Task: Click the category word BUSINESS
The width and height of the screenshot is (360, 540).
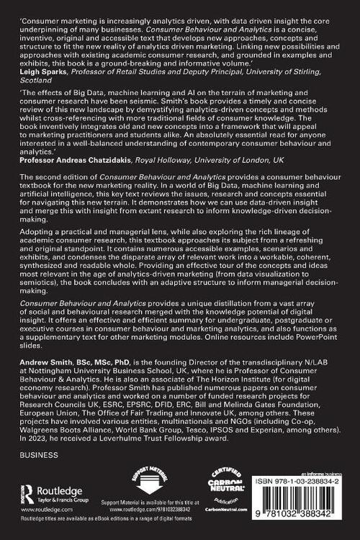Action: tap(40, 455)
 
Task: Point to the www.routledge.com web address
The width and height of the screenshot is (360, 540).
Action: tap(45, 515)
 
